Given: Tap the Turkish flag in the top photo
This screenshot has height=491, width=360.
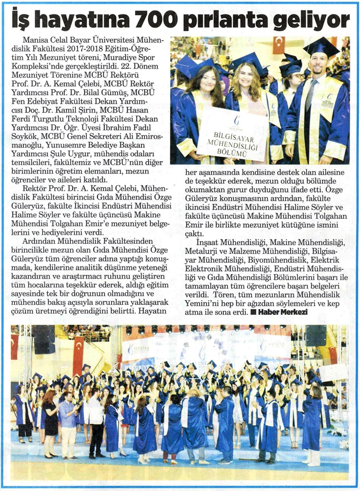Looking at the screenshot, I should click(279, 45).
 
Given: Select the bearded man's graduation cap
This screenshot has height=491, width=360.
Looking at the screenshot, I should click(321, 47).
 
